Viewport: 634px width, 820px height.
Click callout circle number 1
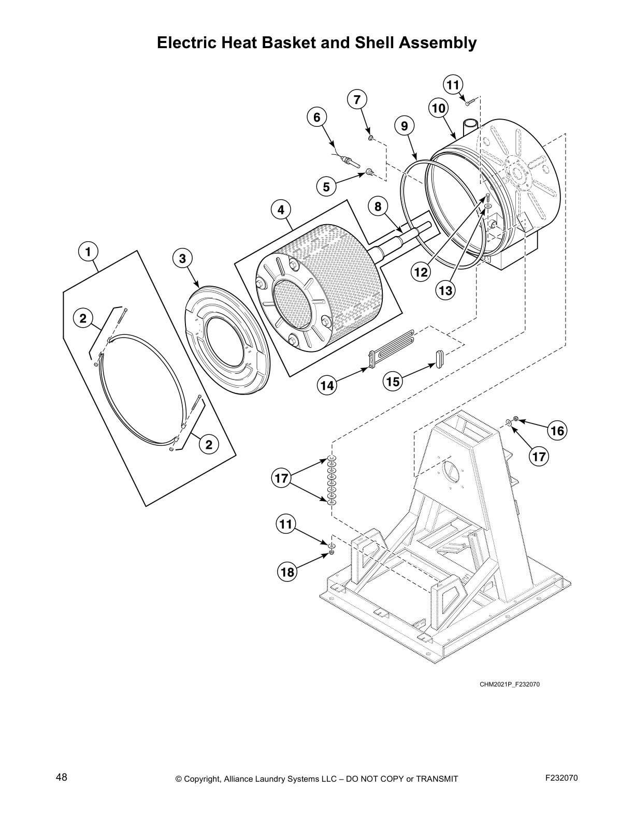click(x=88, y=252)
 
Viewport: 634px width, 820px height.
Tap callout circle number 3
click(x=182, y=258)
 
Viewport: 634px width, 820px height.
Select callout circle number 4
click(x=281, y=210)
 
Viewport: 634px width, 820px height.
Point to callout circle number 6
click(x=317, y=118)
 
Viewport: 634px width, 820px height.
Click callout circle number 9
click(x=405, y=126)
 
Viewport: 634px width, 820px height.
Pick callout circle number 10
click(x=438, y=109)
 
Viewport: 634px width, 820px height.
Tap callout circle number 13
click(x=445, y=290)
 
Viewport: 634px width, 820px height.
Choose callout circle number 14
click(x=327, y=385)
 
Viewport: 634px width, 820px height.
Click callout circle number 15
click(x=393, y=382)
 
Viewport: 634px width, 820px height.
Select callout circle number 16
click(x=557, y=430)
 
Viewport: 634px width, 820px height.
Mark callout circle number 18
click(x=287, y=572)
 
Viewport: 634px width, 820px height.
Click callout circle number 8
click(x=378, y=207)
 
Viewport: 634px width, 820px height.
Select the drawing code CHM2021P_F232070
click(x=510, y=684)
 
